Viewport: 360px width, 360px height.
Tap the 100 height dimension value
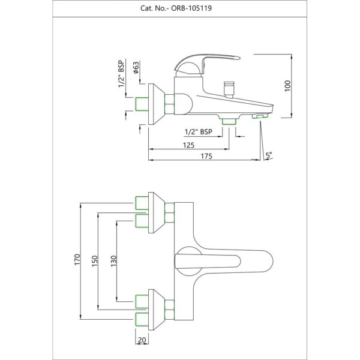pos(288,86)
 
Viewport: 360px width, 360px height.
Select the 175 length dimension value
pos(206,156)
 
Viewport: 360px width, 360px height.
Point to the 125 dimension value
pos(188,145)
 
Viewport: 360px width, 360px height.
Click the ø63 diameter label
pos(136,67)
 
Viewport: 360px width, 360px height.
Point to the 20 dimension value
pos(142,340)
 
